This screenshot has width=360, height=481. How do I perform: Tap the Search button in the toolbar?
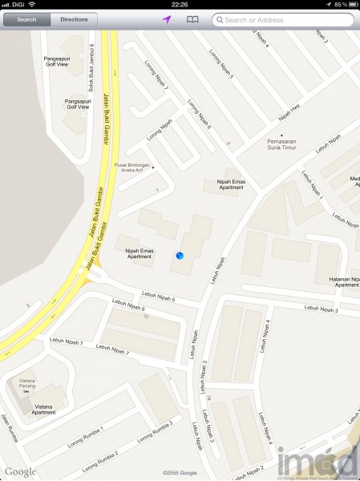[26, 18]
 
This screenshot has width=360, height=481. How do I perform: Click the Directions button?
[74, 18]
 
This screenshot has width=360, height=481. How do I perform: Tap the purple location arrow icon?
[166, 18]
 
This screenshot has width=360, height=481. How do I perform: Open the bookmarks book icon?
[192, 18]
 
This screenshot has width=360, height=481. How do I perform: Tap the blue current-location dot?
[179, 255]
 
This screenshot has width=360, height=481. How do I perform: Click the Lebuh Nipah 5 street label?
[158, 296]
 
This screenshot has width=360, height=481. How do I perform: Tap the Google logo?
[20, 471]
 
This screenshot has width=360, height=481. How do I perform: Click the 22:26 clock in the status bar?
[180, 4]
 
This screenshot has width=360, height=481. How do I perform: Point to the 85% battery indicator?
[343, 4]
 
